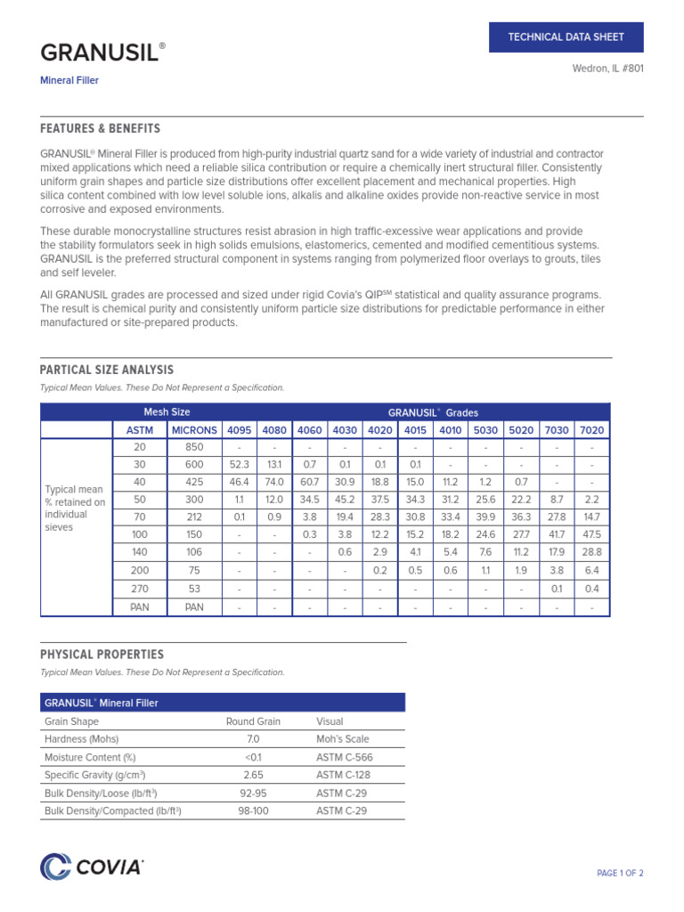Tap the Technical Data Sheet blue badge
(566, 37)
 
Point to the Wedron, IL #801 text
(607, 69)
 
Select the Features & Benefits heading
(101, 129)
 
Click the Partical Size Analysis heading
(107, 370)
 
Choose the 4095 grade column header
(239, 430)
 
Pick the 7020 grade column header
(591, 430)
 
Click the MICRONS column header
(194, 430)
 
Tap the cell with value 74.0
(273, 482)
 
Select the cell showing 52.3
(239, 465)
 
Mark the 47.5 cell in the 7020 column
(591, 534)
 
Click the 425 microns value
(194, 482)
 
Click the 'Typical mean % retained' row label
(75, 509)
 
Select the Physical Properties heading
(102, 655)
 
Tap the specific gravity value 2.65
(253, 775)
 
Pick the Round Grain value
(253, 721)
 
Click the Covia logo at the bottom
(92, 867)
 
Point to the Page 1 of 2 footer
(619, 873)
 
